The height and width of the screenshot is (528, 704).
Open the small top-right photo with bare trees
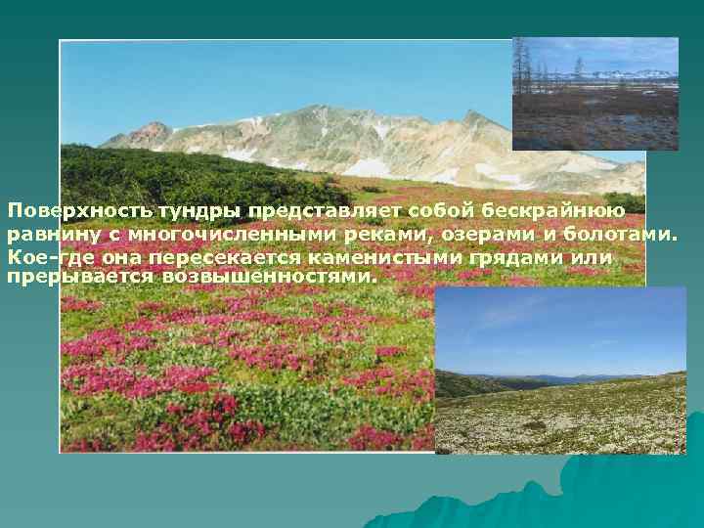pyautogui.click(x=594, y=93)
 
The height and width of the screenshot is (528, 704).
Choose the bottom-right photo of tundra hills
pyautogui.click(x=560, y=371)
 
